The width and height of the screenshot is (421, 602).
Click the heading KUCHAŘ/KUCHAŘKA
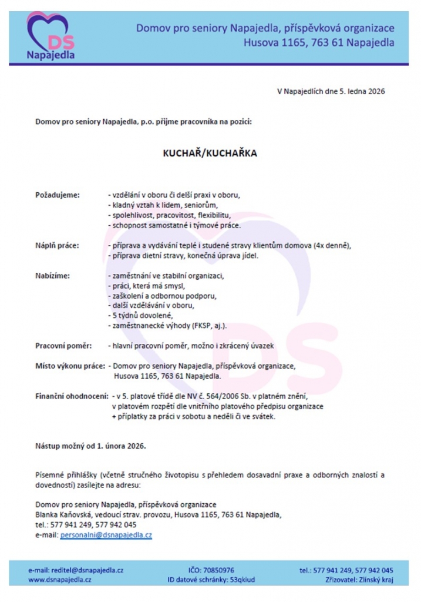210,152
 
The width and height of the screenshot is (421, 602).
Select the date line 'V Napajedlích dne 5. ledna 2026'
331,91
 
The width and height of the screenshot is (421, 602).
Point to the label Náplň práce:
57,245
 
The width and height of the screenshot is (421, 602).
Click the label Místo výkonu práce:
70,366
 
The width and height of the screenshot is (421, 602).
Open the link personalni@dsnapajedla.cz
106,535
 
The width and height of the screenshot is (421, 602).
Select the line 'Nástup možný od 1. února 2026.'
90,446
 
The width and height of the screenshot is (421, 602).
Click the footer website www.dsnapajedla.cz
60,579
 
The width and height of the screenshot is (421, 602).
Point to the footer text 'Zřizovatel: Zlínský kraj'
359,579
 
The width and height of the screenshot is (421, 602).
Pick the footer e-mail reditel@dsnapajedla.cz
76,570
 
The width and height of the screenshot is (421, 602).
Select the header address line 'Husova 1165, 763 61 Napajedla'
319,43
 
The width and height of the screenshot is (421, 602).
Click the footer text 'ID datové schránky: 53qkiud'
211,579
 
